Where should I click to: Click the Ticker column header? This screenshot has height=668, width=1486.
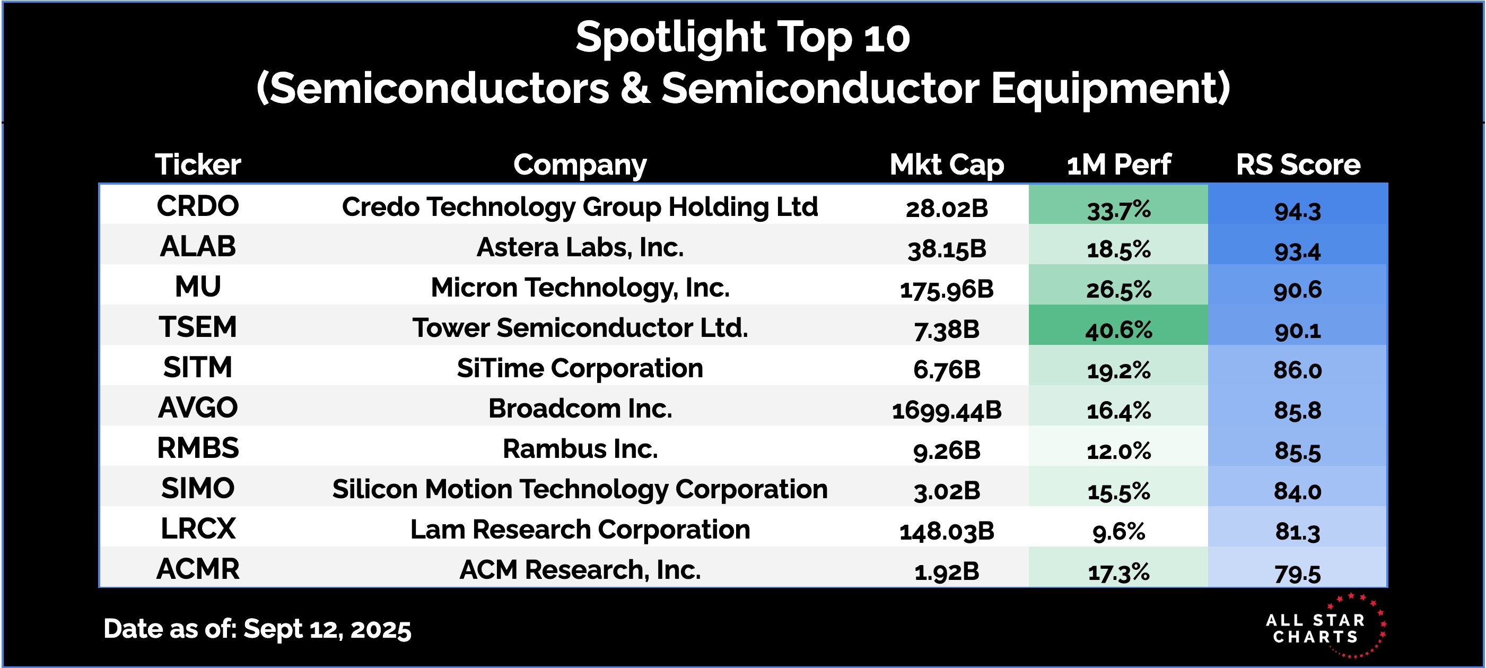(198, 164)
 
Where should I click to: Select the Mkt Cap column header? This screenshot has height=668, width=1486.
(947, 165)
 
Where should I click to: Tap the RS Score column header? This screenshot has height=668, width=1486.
(1298, 164)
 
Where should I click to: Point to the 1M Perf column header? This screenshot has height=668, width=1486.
(1118, 164)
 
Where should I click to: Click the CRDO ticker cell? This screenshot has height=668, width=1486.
(198, 206)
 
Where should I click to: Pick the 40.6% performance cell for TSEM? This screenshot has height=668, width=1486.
(1118, 329)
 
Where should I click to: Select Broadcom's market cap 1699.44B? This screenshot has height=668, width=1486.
(947, 411)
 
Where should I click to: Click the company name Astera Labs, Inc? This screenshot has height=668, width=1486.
(580, 247)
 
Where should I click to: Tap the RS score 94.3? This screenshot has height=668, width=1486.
(1297, 211)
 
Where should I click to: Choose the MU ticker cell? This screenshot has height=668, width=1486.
(198, 287)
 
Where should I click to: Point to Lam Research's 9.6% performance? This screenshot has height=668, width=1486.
(1118, 531)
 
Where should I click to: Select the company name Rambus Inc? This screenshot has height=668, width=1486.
(580, 448)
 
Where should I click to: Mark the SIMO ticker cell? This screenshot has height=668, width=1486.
(198, 489)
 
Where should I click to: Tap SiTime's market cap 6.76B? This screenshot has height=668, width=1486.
(947, 369)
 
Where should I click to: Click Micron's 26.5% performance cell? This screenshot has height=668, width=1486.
(1118, 289)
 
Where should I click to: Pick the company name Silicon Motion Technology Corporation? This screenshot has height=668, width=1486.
(580, 490)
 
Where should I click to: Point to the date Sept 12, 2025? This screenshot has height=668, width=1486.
(327, 629)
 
